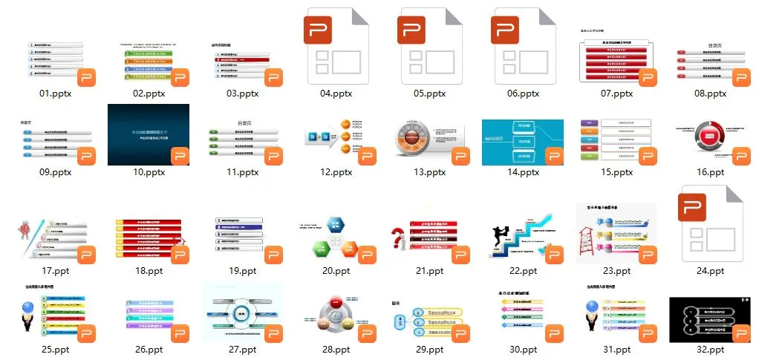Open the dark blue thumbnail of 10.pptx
148,134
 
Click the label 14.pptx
522,172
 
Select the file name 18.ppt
149,271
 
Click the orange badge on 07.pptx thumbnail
648,78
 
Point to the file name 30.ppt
523,350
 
